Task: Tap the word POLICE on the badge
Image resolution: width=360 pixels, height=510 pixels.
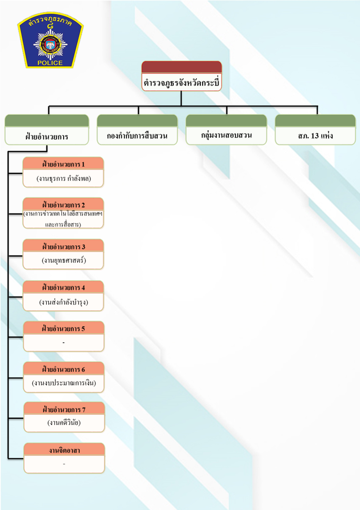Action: [x=50, y=63]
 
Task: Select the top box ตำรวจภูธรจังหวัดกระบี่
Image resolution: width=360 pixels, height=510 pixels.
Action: [x=181, y=82]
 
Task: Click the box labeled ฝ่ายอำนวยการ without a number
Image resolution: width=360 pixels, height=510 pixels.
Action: [x=47, y=136]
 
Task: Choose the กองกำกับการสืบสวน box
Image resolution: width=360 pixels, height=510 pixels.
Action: [x=138, y=136]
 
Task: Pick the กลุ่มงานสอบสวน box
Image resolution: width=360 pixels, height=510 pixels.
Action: [x=226, y=135]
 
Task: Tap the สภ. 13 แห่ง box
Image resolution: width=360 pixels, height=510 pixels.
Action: [x=316, y=136]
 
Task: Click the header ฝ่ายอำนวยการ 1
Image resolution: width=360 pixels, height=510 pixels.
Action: [x=63, y=164]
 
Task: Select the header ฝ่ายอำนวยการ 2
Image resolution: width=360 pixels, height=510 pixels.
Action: [x=63, y=205]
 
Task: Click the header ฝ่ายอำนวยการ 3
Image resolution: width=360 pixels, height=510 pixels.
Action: [x=63, y=246]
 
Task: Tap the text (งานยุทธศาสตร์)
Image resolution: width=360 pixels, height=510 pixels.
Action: [x=63, y=261]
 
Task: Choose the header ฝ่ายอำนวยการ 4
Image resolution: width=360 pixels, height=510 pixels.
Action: [x=63, y=287]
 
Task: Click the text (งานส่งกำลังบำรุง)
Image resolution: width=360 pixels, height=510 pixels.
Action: [x=63, y=302]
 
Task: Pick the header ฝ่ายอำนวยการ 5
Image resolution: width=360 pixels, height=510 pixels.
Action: [x=63, y=328]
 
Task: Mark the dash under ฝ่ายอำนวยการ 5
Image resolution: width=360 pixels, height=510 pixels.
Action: [x=63, y=343]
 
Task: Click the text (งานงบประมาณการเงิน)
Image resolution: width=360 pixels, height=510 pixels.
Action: [x=63, y=383]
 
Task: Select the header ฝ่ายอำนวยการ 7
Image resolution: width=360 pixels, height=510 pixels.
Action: [x=63, y=410]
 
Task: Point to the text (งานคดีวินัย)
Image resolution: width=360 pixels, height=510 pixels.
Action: [x=63, y=423]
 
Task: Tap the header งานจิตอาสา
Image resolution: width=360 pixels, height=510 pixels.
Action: [x=63, y=450]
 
